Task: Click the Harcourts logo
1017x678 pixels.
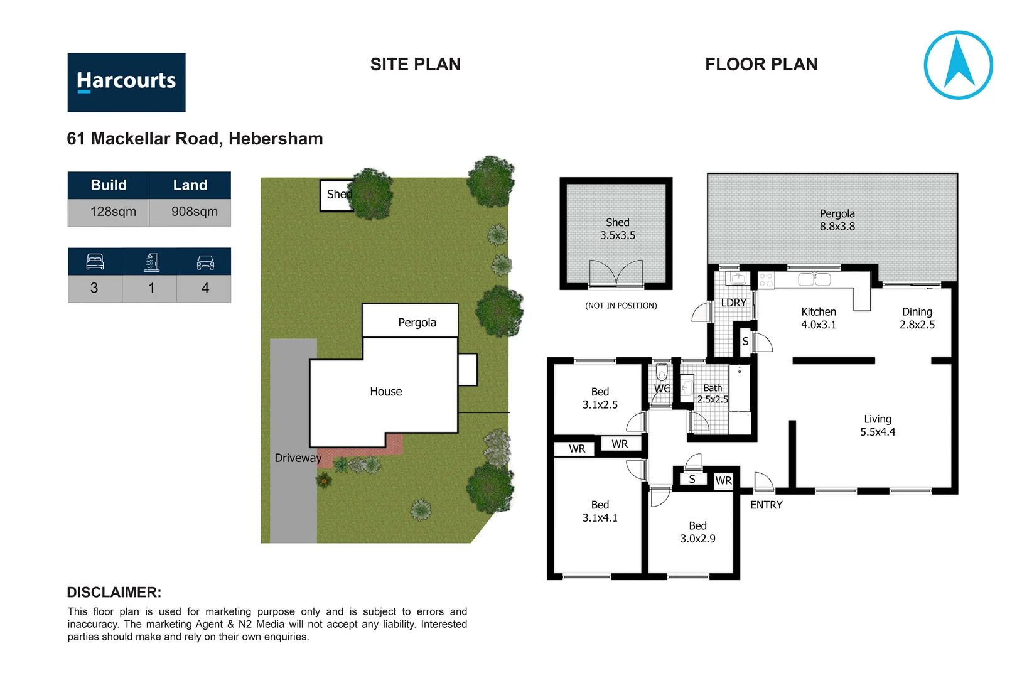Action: click(126, 82)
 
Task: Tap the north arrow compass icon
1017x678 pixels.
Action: click(958, 65)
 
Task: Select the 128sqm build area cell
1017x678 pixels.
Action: click(112, 212)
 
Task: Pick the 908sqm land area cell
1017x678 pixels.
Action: click(194, 212)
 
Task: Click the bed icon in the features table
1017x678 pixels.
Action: click(95, 262)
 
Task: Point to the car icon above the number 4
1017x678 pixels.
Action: click(205, 262)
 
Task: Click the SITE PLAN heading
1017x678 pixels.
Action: click(415, 64)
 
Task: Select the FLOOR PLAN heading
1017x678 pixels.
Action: click(761, 64)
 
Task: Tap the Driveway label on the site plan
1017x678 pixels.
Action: click(298, 458)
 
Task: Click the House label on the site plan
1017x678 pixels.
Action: click(385, 392)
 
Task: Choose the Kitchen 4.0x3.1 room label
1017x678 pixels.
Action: click(818, 318)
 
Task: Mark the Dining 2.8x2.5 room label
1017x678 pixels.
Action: click(917, 318)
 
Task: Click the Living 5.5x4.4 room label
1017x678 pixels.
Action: click(877, 425)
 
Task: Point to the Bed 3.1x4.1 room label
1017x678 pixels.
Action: click(600, 511)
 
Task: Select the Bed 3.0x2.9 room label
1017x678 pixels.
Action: click(697, 532)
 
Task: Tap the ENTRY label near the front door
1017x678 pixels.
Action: click(766, 505)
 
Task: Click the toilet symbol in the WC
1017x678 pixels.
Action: click(661, 374)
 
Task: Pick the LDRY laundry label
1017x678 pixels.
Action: click(733, 303)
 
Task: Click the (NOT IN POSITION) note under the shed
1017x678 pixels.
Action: click(621, 306)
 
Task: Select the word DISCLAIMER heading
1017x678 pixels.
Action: click(114, 592)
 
